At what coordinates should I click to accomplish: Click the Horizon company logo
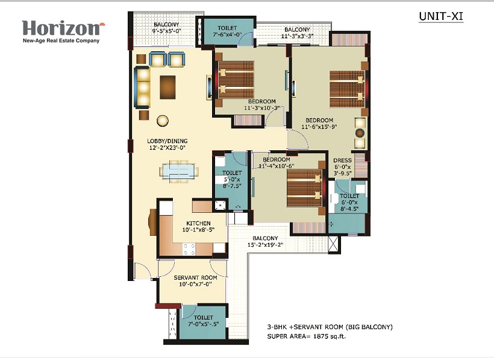click(x=63, y=31)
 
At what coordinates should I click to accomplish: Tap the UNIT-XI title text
click(x=441, y=16)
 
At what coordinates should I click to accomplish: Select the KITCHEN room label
click(x=198, y=223)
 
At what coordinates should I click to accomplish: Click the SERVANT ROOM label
click(x=195, y=277)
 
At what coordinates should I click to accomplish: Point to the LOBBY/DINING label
click(x=167, y=141)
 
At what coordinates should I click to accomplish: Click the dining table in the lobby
click(x=179, y=172)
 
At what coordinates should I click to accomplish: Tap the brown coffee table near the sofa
click(x=167, y=87)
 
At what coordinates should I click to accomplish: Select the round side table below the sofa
click(x=163, y=121)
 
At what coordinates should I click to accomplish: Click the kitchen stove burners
click(x=189, y=249)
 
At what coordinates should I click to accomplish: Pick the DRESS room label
click(x=342, y=160)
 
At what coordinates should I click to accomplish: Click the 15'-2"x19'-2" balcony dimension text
click(x=265, y=245)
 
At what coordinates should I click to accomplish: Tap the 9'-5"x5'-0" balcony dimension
click(x=167, y=31)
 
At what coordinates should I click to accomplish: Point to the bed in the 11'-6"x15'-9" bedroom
click(x=347, y=89)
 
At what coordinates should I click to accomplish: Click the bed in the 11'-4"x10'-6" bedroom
click(x=304, y=188)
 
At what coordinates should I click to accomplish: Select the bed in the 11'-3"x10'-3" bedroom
click(x=236, y=80)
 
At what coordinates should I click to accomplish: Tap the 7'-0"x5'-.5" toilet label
click(x=203, y=321)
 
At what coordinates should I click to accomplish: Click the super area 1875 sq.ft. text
click(x=306, y=336)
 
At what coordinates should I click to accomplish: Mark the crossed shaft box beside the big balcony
click(x=334, y=244)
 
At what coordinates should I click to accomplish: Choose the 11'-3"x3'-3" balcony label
click(x=297, y=33)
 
